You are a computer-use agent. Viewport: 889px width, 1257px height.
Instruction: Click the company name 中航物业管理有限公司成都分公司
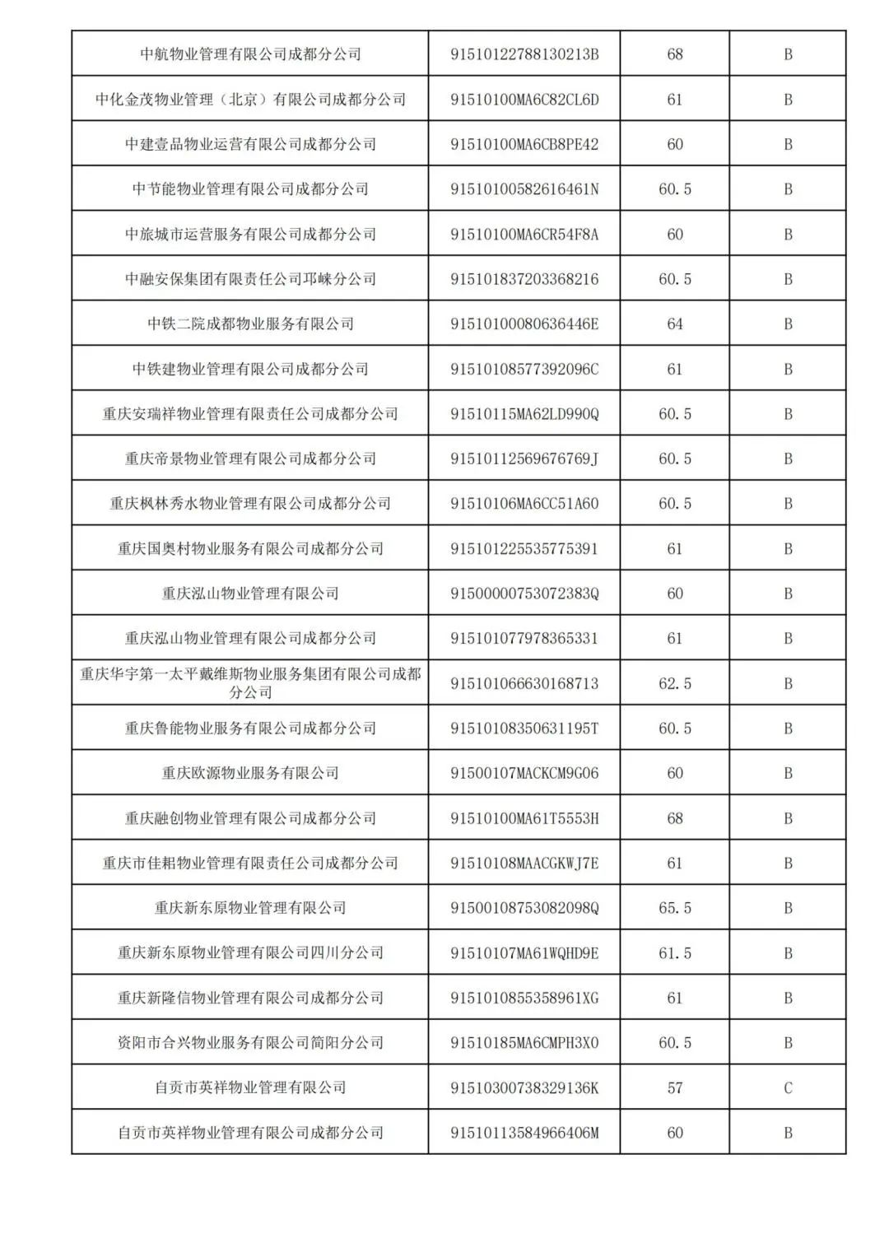click(250, 54)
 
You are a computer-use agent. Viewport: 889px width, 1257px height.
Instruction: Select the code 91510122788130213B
click(524, 54)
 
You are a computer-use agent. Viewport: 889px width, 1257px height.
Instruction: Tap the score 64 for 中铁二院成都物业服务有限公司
click(675, 324)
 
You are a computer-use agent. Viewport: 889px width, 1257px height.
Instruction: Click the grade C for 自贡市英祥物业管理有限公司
click(788, 1088)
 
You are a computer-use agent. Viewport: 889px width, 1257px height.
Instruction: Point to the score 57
click(675, 1088)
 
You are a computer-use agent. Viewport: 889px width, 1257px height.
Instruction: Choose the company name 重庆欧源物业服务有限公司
click(250, 774)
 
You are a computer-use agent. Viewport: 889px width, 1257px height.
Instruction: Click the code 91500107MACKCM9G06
click(524, 774)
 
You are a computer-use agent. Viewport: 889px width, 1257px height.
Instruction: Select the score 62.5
click(675, 684)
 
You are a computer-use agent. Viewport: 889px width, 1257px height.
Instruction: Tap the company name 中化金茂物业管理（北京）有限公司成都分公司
click(250, 100)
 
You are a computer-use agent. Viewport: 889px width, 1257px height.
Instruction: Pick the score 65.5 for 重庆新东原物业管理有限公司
click(675, 909)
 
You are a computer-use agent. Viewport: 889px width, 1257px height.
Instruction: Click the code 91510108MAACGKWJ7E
click(524, 864)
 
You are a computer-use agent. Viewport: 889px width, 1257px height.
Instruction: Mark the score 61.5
click(675, 953)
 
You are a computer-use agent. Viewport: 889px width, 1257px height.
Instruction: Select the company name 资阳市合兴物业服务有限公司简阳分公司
click(250, 1043)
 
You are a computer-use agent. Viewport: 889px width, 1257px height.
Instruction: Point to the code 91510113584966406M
click(524, 1133)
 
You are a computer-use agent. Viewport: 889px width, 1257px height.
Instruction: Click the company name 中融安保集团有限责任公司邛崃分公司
click(250, 279)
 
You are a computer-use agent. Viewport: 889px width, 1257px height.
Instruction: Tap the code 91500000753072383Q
click(524, 594)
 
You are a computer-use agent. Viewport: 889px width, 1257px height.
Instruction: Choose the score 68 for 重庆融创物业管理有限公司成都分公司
click(675, 818)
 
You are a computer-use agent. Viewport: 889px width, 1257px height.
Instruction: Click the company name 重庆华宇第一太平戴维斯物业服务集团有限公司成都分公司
click(250, 683)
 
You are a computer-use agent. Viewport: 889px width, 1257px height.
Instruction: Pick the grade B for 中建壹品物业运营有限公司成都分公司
click(788, 145)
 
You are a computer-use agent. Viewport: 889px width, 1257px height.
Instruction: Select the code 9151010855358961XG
click(524, 999)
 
